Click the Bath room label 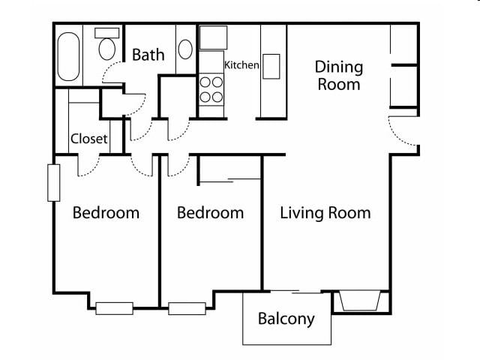pos(148,55)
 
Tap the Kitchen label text pos(242,65)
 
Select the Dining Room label pos(338,75)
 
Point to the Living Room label pos(325,213)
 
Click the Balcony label pos(286,319)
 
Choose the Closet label pos(89,139)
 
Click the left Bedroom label pos(106,213)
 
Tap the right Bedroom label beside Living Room pos(210,213)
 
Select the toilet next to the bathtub pos(107,46)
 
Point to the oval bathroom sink pos(186,49)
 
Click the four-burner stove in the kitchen pos(212,89)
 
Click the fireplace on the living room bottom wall pos(361,301)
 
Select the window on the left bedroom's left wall pos(54,182)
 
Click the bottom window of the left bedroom pos(114,307)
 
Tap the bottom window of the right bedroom pos(187,307)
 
